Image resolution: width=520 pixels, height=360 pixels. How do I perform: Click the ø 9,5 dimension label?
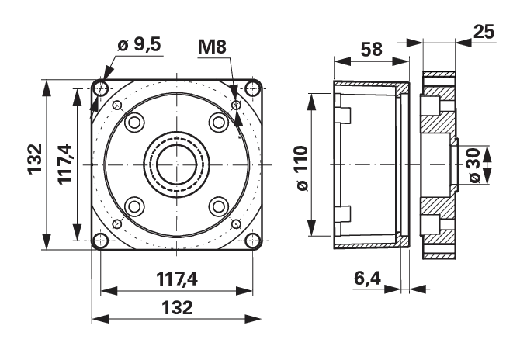click(x=139, y=44)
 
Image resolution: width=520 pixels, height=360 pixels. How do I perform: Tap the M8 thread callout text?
click(x=212, y=47)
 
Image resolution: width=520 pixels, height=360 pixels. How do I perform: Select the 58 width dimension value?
click(x=372, y=50)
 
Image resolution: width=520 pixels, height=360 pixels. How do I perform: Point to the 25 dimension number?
click(x=484, y=32)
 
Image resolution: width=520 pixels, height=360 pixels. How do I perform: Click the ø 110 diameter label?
click(x=303, y=168)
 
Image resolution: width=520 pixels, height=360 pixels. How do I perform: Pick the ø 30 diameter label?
click(x=475, y=165)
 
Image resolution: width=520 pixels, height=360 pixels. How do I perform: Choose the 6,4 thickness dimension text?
click(x=367, y=278)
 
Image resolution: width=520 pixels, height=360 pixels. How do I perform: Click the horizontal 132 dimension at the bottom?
click(x=177, y=307)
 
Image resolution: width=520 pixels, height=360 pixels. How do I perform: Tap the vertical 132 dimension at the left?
click(x=35, y=159)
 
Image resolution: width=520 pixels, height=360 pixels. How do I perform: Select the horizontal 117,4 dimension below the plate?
click(x=177, y=279)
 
